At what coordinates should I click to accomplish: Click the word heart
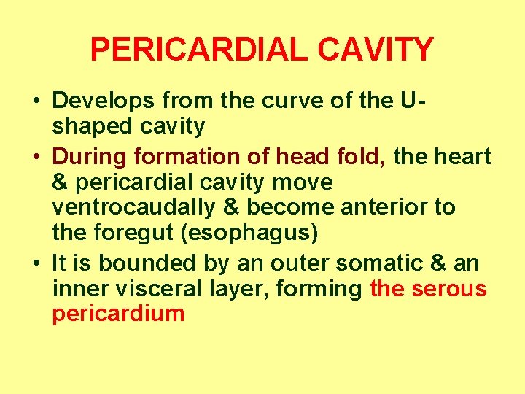(x=464, y=156)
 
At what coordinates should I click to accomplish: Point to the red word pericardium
(x=118, y=314)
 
